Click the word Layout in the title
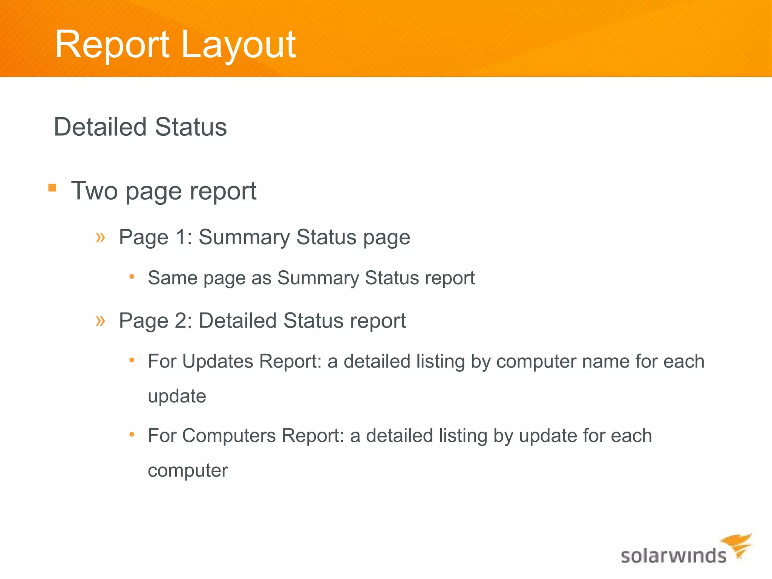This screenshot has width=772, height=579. tap(238, 45)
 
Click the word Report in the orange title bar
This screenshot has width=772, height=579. tap(112, 45)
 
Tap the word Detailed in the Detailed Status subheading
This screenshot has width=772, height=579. tap(100, 127)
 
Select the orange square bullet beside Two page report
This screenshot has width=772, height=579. tap(52, 188)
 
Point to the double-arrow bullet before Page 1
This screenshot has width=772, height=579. tap(100, 237)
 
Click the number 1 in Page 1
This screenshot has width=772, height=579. tap(181, 237)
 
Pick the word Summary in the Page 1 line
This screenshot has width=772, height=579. tap(244, 237)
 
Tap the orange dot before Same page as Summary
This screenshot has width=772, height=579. tap(132, 277)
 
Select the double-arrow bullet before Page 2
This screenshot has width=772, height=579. tap(100, 321)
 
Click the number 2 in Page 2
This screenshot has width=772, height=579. tap(181, 321)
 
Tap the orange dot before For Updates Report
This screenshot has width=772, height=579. tap(132, 360)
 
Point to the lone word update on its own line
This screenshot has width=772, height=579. tap(177, 396)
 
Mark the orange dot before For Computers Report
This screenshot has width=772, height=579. tap(132, 435)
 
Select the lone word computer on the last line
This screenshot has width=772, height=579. tap(188, 470)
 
